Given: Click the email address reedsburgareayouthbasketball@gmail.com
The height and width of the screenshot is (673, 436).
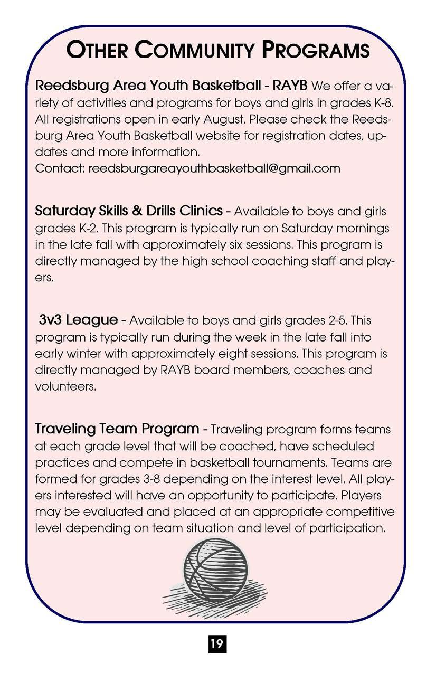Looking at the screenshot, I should pyautogui.click(x=214, y=168).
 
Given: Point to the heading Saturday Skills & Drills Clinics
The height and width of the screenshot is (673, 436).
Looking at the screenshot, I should pyautogui.click(x=129, y=211).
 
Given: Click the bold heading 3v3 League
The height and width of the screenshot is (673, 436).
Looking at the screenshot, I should pyautogui.click(x=78, y=320).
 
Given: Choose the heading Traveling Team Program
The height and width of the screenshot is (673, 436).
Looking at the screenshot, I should pyautogui.click(x=117, y=429).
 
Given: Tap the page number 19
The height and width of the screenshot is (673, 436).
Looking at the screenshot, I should pyautogui.click(x=217, y=643).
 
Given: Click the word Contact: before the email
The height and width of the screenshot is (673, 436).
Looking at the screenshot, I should pyautogui.click(x=59, y=168).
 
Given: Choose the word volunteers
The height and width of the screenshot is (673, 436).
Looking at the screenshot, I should pyautogui.click(x=65, y=386).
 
